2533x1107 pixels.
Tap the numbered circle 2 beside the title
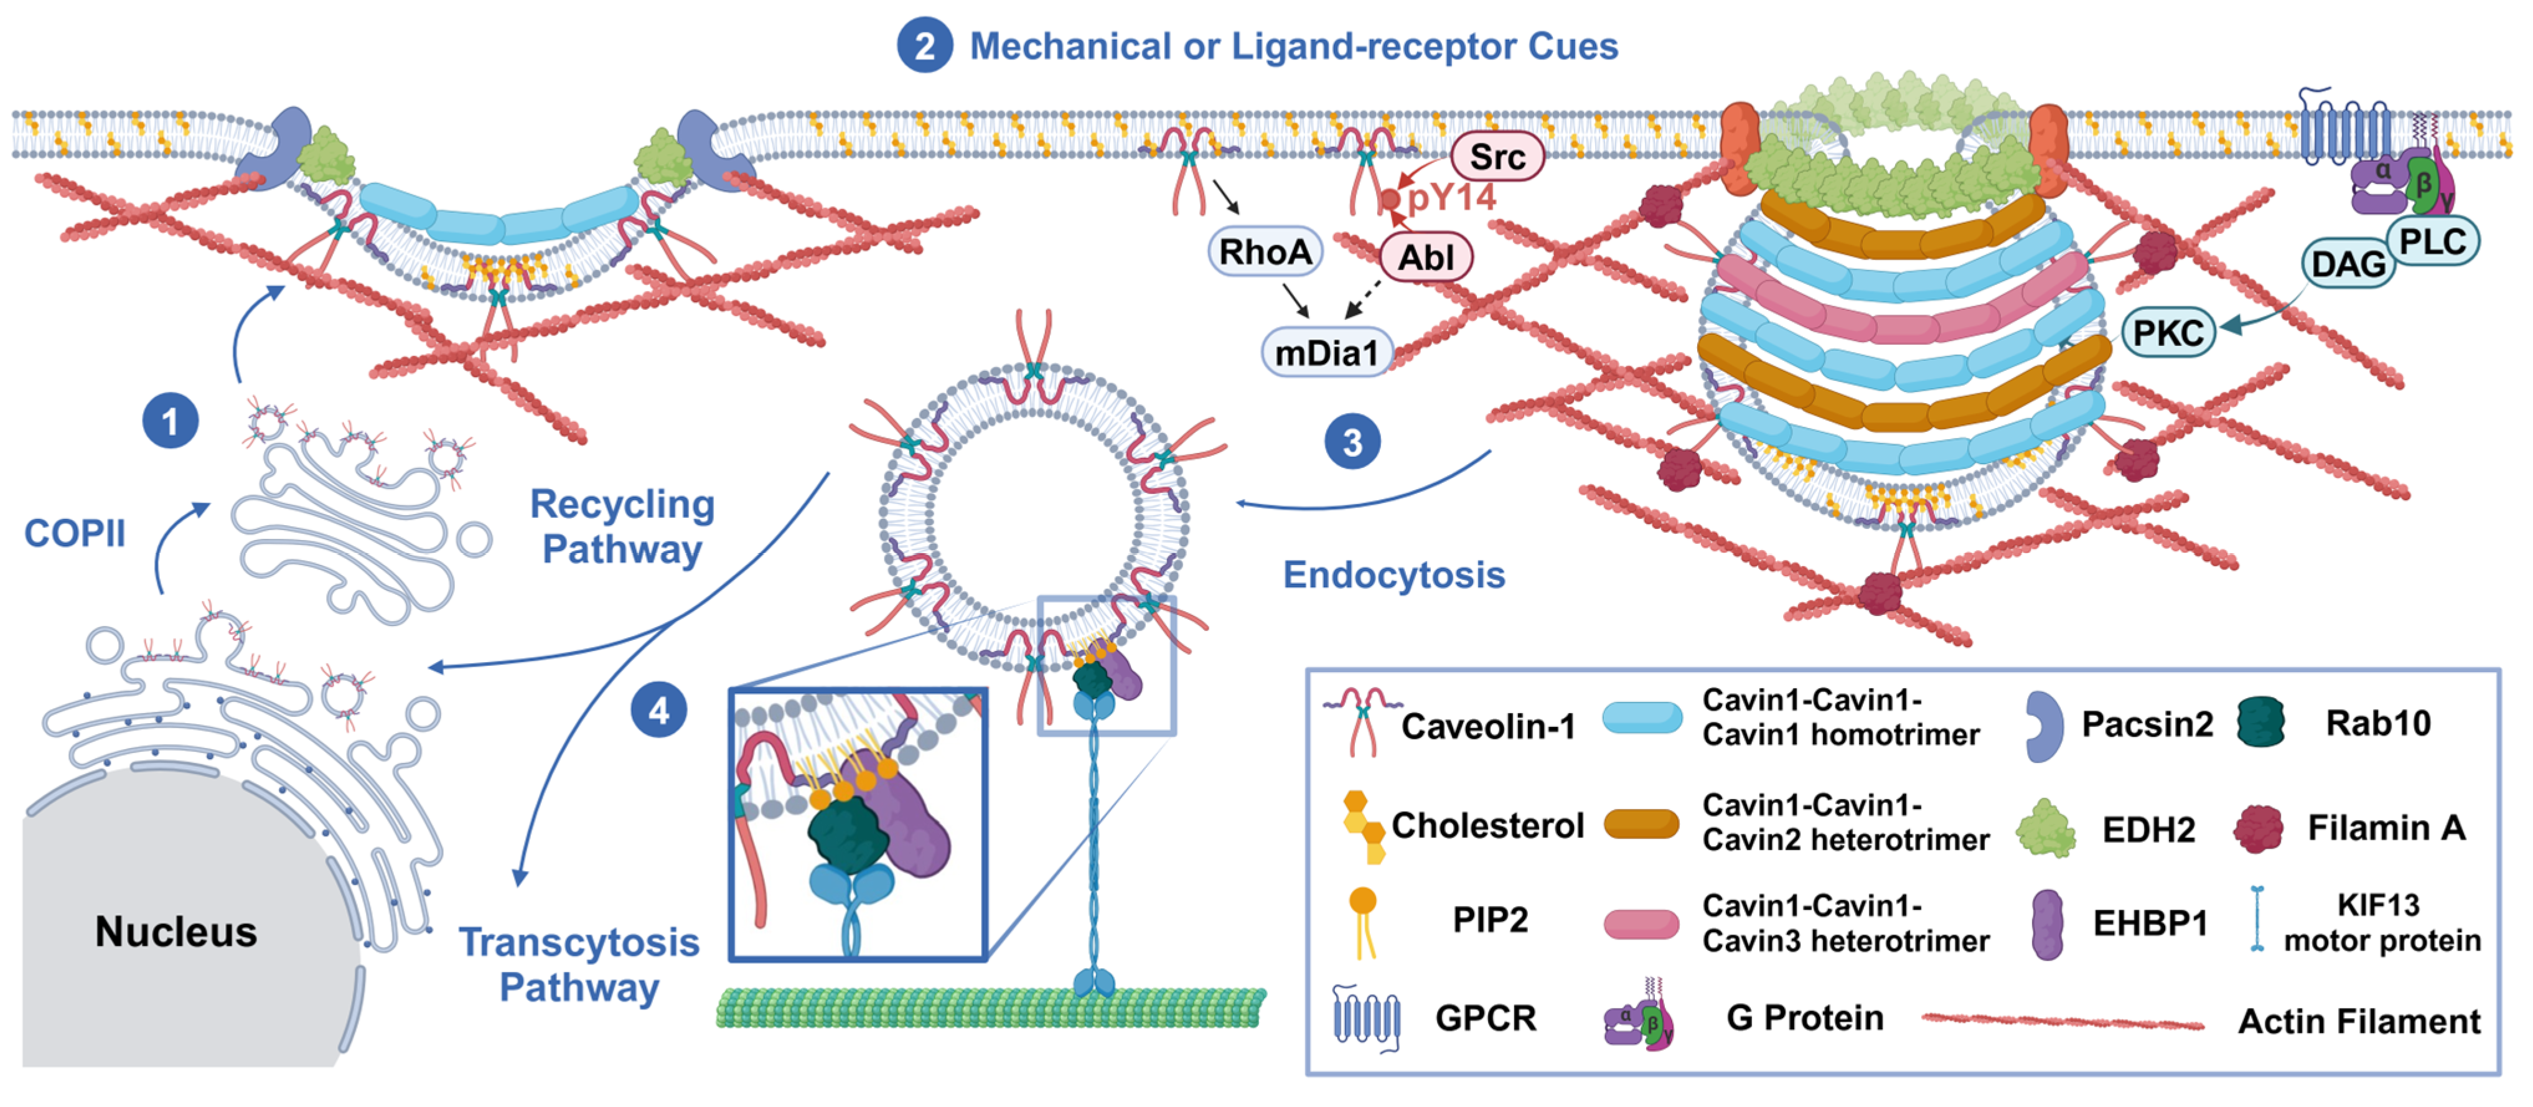point(924,46)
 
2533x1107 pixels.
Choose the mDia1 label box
point(1326,352)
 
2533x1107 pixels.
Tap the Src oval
point(1497,156)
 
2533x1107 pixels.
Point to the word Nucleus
point(176,930)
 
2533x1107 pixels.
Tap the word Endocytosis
point(1393,574)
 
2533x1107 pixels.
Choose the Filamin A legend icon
point(2258,828)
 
